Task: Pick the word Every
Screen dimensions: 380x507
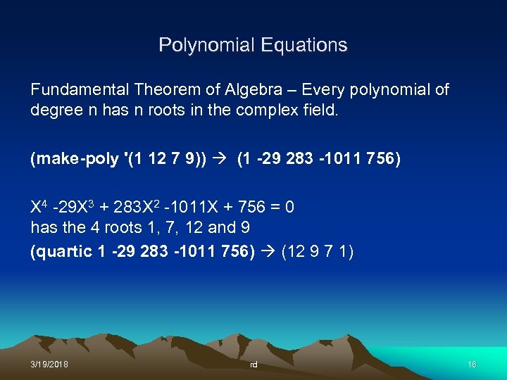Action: [327, 90]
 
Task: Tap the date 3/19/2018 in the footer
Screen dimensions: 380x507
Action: [49, 364]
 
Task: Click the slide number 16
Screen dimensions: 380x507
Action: [472, 364]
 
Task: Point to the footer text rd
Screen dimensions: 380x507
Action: [254, 365]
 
